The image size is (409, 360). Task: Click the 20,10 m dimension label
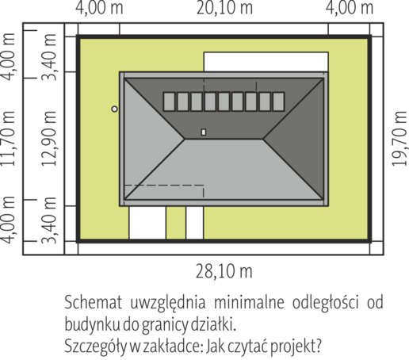tap(224, 8)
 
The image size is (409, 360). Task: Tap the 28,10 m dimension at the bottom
tap(224, 271)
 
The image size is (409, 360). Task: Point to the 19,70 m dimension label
tap(399, 139)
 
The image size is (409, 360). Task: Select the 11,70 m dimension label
tap(8, 139)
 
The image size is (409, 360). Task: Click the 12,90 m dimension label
tap(49, 139)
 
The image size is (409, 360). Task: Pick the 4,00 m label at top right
tap(350, 8)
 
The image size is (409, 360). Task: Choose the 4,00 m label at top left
tap(99, 8)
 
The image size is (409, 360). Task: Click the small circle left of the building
tap(114, 109)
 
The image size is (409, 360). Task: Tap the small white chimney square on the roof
tap(204, 132)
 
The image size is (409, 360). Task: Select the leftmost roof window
tap(169, 101)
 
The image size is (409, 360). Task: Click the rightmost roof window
tap(278, 101)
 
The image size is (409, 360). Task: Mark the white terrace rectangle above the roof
tap(266, 62)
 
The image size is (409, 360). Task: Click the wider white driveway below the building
tap(147, 223)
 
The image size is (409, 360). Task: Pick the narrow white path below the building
tap(195, 223)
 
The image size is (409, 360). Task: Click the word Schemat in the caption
tap(94, 302)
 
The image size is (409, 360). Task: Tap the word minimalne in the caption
tap(249, 302)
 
